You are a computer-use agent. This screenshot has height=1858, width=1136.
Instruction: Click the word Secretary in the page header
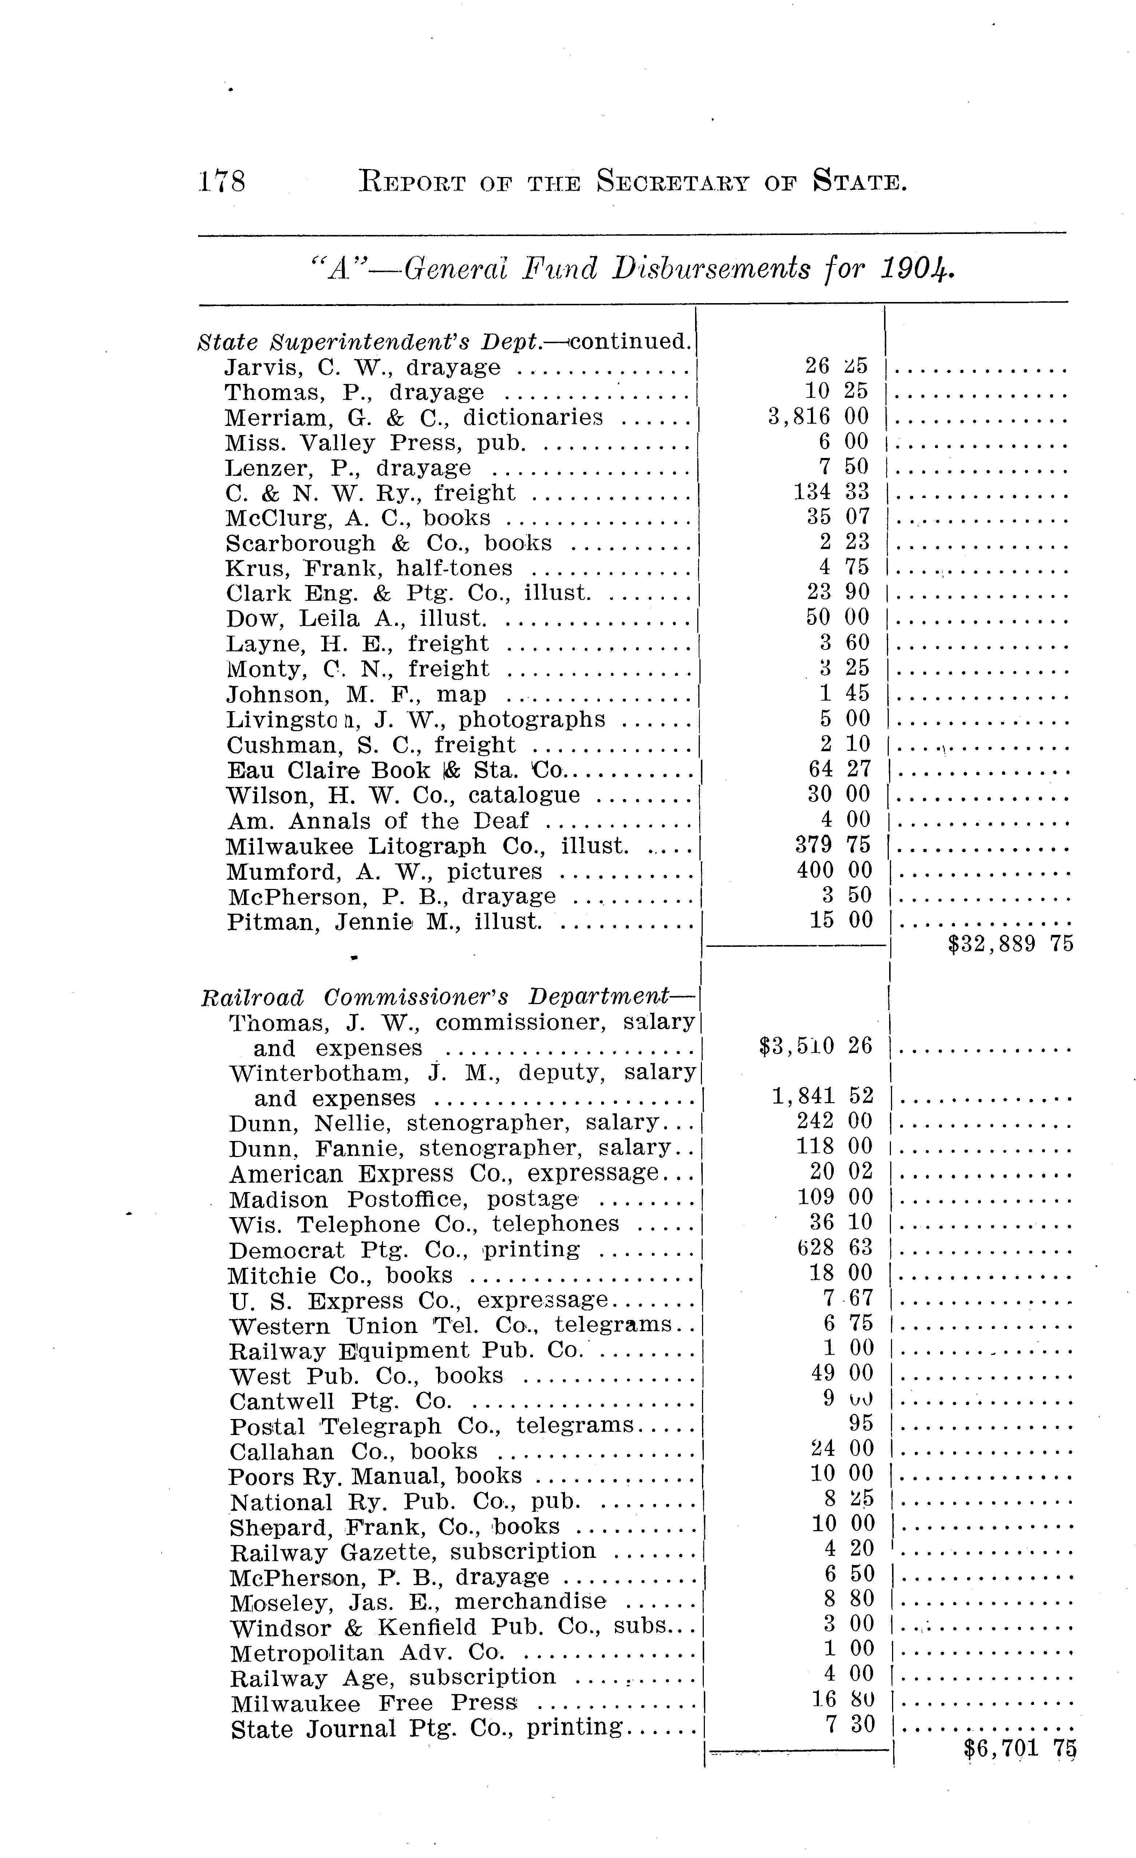click(x=672, y=182)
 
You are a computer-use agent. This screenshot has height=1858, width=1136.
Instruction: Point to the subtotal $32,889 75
click(x=1010, y=944)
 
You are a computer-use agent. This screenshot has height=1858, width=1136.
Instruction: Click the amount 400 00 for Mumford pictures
click(x=835, y=870)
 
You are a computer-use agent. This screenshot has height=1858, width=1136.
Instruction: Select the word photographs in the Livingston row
click(x=532, y=720)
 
